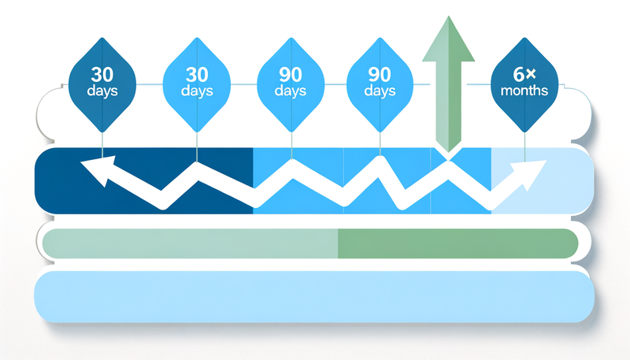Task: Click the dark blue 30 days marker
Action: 103,83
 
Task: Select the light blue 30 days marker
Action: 196,83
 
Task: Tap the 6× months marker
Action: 524,83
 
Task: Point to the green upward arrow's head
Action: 449,39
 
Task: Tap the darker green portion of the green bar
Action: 457,244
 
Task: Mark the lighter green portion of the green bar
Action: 189,244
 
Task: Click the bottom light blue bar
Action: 315,298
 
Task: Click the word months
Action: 524,91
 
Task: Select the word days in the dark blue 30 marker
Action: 103,91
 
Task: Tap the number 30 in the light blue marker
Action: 196,76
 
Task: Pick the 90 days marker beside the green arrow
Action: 380,83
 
